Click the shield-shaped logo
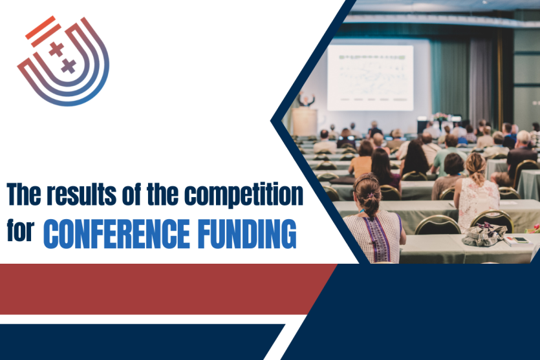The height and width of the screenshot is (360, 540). pos(63,61)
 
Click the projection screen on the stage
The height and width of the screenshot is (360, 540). pos(369,78)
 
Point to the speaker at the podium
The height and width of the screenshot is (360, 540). pos(307,100)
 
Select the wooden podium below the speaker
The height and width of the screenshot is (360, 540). pos(304,121)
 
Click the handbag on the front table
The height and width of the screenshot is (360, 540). pos(484,235)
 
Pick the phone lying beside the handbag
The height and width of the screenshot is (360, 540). pos(518,241)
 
